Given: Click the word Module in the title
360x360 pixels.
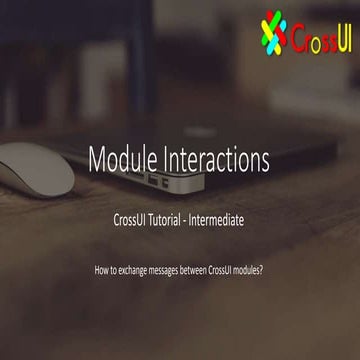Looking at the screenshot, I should pyautogui.click(x=121, y=159).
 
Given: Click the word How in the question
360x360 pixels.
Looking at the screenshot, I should pyautogui.click(x=100, y=271).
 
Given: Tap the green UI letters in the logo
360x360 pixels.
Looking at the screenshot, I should pyautogui.click(x=339, y=36).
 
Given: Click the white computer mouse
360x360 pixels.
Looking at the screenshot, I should pyautogui.click(x=35, y=165).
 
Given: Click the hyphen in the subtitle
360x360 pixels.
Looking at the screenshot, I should pyautogui.click(x=202, y=217).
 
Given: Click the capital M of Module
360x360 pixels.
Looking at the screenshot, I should pyautogui.click(x=97, y=159).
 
